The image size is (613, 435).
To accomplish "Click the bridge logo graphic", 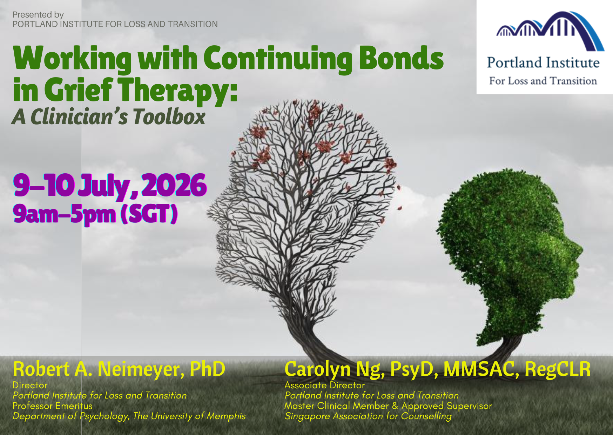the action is pos(550,31).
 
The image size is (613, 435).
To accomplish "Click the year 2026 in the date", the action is pos(174,185).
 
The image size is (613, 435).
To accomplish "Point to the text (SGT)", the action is pos(149,214).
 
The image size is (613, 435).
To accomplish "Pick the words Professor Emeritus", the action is pos(52,406).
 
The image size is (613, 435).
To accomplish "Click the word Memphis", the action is pos(226,416).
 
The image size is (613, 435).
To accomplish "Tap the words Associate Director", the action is pos(324,385).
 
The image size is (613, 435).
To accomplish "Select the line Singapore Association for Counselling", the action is pos(368,416).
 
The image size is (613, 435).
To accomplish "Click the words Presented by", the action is pos(38,15).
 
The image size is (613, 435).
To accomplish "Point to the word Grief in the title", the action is pos(78,90).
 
